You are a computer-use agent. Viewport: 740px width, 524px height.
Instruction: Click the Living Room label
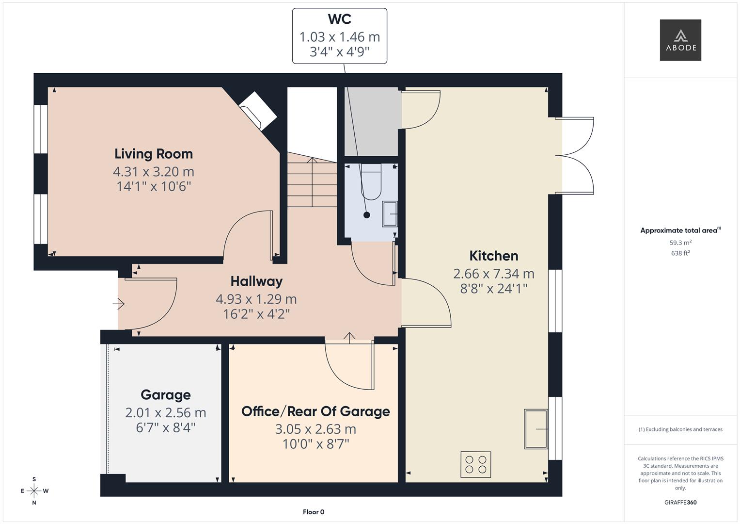(x=154, y=154)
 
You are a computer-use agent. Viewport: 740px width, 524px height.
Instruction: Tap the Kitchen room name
(x=493, y=256)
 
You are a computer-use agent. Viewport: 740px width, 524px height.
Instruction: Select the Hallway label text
(x=256, y=281)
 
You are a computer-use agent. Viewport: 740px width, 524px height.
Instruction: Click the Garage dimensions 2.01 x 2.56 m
(x=166, y=412)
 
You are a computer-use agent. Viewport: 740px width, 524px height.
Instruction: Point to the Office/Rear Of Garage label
(x=315, y=411)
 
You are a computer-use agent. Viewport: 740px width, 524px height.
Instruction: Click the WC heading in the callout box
(x=340, y=19)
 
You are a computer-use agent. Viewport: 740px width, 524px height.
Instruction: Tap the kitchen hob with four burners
(x=476, y=464)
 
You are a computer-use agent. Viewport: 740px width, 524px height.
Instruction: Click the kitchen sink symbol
(x=536, y=429)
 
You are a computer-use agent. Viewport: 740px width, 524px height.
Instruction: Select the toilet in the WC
(x=371, y=181)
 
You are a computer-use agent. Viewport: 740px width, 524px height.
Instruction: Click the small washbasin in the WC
(x=390, y=214)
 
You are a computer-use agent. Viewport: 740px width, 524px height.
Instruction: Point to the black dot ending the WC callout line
(x=366, y=215)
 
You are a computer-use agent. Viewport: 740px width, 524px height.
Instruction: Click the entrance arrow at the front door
(x=118, y=304)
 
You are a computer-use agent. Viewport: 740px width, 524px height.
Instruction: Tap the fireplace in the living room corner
(x=258, y=111)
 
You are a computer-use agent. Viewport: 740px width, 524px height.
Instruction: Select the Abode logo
(x=680, y=40)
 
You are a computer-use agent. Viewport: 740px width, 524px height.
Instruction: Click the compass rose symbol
(x=34, y=491)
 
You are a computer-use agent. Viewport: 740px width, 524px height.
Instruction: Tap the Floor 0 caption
(x=314, y=512)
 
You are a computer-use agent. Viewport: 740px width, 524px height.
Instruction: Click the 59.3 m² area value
(x=680, y=243)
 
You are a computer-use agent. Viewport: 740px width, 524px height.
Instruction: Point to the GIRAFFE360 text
(x=680, y=502)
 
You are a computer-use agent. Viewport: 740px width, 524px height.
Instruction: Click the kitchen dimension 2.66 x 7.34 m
(x=493, y=274)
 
